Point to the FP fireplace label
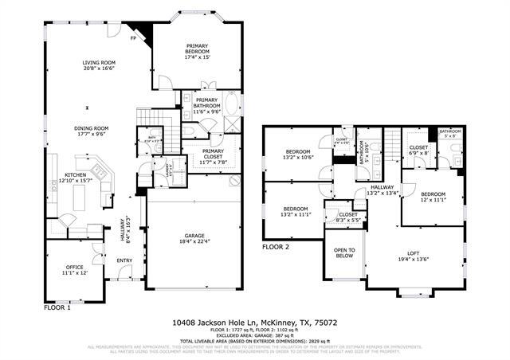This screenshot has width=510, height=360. (x=134, y=37)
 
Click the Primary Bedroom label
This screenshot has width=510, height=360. (x=197, y=52)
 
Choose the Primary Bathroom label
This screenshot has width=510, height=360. (x=207, y=104)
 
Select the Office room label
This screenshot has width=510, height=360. (x=75, y=269)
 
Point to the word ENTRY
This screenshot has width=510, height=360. (x=125, y=260)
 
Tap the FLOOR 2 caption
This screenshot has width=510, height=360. (x=277, y=248)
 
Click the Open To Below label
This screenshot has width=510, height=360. (x=344, y=252)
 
